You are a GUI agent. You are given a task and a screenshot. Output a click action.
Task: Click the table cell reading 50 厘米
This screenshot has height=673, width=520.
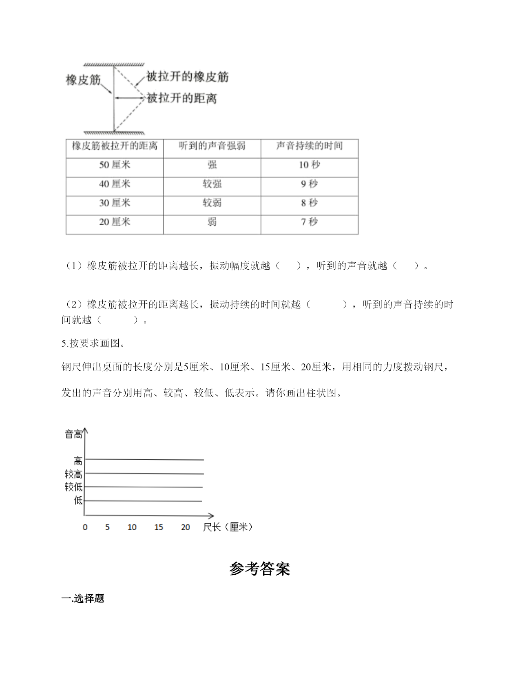(115, 165)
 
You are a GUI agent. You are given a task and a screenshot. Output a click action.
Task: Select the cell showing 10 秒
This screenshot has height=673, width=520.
(310, 165)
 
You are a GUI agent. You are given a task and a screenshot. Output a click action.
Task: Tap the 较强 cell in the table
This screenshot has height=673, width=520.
(212, 184)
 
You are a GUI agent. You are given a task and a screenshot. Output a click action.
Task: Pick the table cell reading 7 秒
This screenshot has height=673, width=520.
(310, 222)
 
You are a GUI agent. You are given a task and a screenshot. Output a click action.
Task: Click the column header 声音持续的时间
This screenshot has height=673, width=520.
(310, 146)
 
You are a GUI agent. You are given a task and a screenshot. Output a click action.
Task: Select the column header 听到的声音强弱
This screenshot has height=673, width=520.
(212, 146)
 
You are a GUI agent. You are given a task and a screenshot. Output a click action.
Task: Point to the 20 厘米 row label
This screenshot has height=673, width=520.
(115, 222)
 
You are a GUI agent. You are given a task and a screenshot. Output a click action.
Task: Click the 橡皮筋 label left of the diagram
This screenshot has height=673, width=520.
(83, 80)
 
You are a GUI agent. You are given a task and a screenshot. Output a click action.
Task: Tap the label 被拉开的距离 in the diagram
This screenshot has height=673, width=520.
(182, 98)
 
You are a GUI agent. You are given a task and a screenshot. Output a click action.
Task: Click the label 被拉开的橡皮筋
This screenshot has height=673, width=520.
(188, 77)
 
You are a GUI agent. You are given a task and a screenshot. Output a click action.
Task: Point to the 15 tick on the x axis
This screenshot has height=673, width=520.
(159, 527)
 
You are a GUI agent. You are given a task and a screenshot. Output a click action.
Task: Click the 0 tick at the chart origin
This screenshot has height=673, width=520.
(85, 527)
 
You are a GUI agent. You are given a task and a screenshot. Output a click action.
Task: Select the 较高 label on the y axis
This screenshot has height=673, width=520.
(73, 474)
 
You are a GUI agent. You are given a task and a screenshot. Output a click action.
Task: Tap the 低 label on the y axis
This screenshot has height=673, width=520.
(78, 500)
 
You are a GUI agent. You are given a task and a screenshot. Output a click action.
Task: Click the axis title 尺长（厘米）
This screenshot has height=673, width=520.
(228, 527)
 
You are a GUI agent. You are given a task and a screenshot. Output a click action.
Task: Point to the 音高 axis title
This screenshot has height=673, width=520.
(73, 435)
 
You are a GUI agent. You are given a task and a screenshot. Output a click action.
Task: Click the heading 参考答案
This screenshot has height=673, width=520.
(260, 569)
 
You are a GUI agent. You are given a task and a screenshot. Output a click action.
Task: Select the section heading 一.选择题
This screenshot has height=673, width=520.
(83, 598)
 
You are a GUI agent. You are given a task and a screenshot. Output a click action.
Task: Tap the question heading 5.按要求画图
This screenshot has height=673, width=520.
(93, 343)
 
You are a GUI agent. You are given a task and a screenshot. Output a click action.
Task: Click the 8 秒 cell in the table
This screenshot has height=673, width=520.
(310, 203)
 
